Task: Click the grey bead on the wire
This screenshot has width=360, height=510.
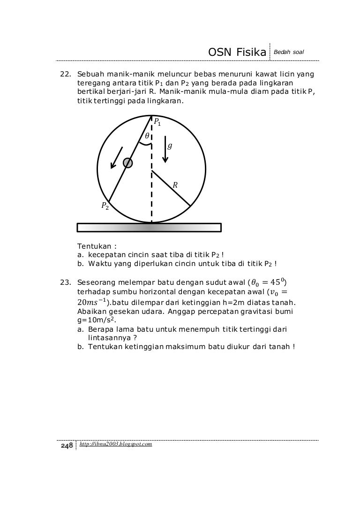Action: (x=127, y=163)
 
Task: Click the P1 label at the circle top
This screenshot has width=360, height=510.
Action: (x=157, y=123)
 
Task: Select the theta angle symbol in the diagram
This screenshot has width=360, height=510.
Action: (x=146, y=135)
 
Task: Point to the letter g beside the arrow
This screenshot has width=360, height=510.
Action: (x=170, y=146)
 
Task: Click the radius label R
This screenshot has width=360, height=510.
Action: (x=175, y=185)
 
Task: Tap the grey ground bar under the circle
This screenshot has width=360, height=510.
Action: (x=149, y=228)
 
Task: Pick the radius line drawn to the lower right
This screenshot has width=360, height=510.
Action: (x=171, y=188)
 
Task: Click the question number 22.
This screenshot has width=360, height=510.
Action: (x=64, y=74)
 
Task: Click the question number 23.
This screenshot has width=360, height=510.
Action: (x=64, y=282)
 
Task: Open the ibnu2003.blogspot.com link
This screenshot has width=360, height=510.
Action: (x=116, y=444)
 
